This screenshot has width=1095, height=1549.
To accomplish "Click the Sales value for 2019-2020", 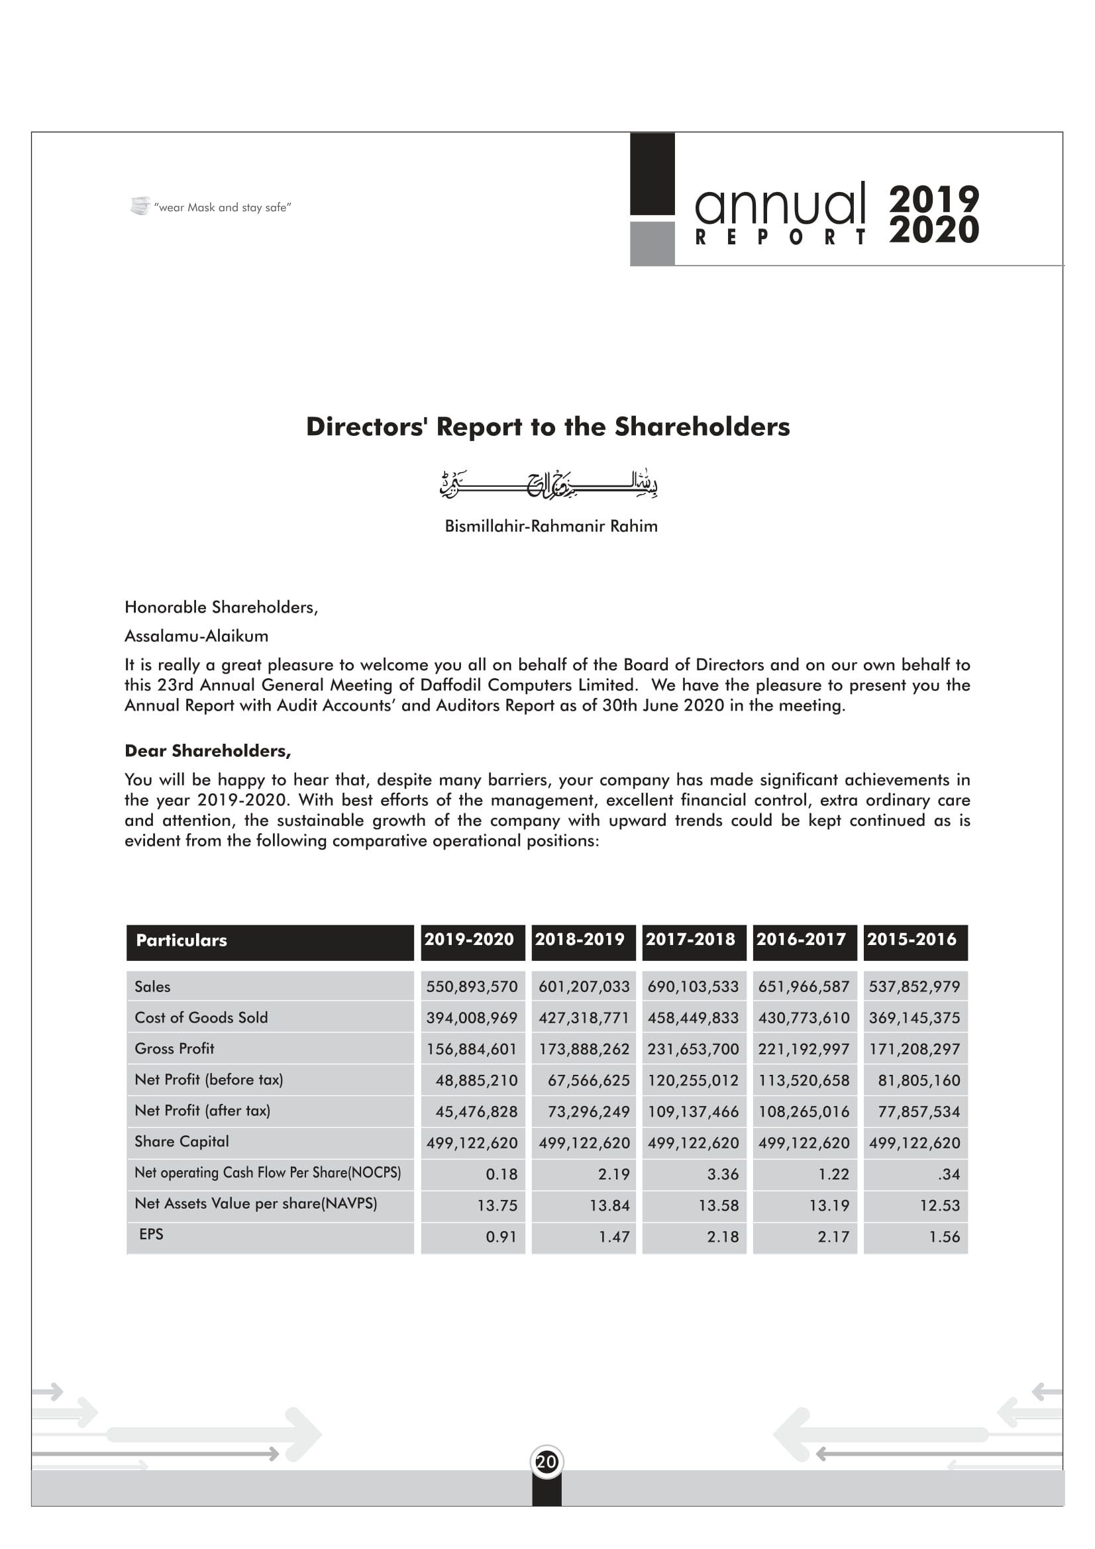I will point(472,986).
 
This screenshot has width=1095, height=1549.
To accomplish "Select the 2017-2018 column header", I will point(690,940).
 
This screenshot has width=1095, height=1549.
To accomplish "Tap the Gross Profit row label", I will point(174,1048).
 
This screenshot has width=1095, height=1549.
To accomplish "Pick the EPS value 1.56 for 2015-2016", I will point(944,1236).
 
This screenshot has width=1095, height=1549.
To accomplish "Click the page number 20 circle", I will point(547,1462).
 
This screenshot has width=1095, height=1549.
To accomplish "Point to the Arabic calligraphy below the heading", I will point(548,483).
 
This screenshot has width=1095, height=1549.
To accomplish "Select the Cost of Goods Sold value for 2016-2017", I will point(804,1017).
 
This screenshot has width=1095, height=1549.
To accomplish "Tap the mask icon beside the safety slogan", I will point(140,206).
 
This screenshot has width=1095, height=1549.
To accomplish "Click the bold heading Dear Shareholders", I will point(208,751).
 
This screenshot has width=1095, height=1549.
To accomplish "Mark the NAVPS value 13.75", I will point(497,1205).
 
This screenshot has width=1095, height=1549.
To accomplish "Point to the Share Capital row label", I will point(182,1142).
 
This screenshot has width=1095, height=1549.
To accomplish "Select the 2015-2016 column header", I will point(912,940).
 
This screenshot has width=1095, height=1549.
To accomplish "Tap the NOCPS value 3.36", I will point(723,1174).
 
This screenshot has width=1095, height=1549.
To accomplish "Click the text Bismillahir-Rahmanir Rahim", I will point(550,526).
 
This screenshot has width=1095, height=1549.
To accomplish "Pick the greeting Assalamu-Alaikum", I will point(196,636).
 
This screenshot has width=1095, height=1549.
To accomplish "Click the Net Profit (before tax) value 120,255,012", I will point(693,1080).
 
